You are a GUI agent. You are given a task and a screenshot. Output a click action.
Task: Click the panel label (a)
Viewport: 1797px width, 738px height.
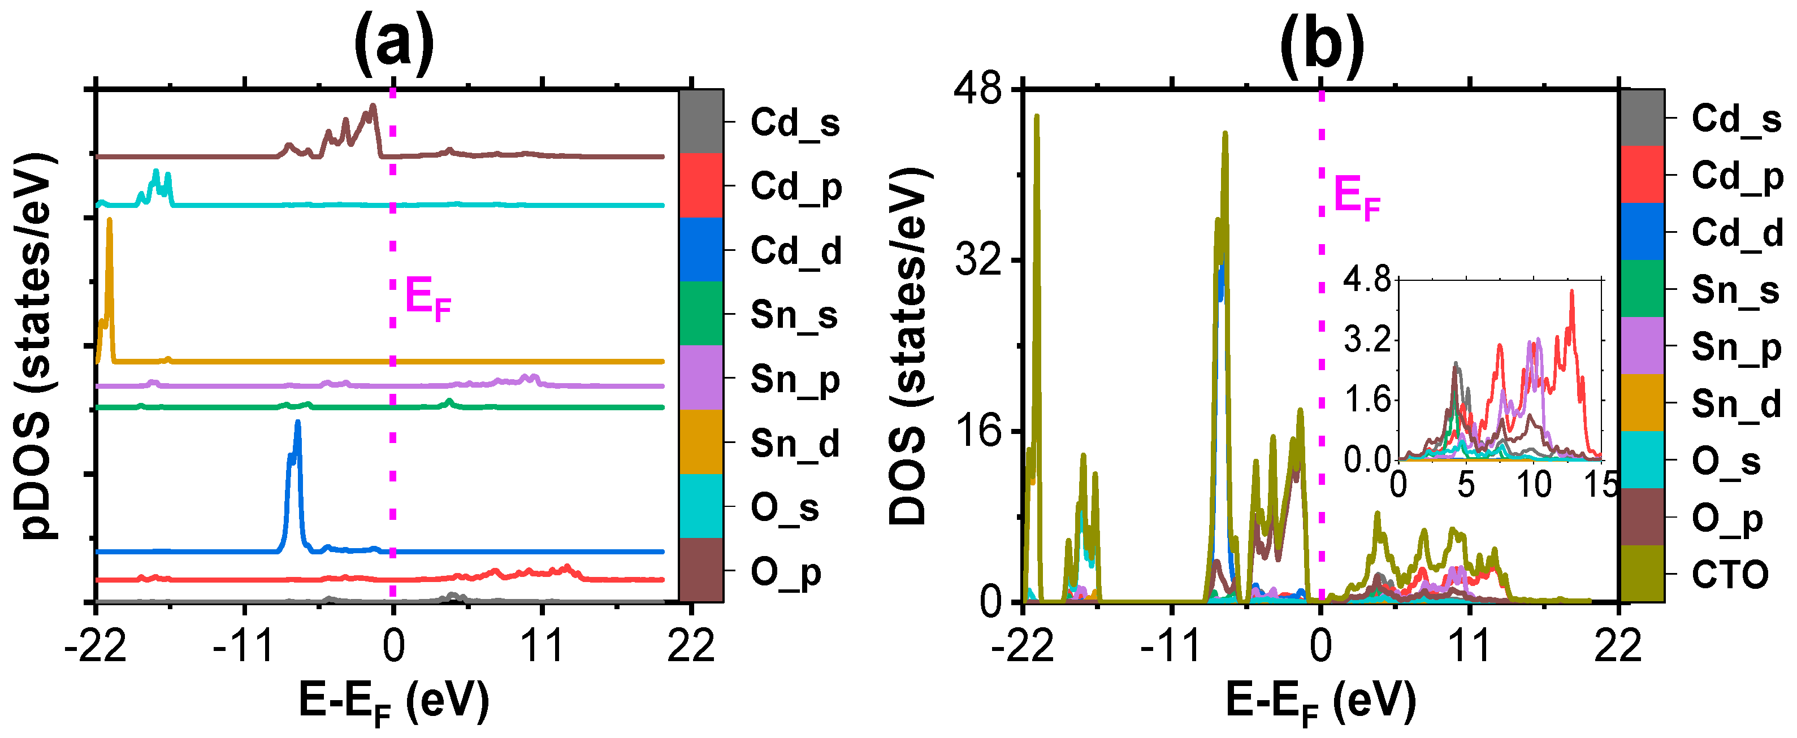coord(393,44)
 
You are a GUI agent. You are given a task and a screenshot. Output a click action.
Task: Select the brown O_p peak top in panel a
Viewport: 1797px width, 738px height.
coord(373,107)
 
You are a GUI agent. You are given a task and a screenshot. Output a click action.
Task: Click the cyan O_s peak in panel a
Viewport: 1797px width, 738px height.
coord(155,172)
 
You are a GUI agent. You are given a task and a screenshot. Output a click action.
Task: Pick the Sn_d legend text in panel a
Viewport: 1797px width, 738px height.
coord(795,444)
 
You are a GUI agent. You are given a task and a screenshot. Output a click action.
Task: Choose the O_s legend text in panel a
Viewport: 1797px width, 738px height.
coord(784,508)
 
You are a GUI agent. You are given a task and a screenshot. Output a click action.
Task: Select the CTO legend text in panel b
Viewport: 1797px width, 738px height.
coord(1729,575)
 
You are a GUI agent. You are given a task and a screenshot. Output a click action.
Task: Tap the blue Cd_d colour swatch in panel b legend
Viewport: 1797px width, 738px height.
coord(1642,232)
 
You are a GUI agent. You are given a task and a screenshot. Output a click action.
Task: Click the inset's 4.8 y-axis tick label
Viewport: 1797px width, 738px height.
coord(1367,280)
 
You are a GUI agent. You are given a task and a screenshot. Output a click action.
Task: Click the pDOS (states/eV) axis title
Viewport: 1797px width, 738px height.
coord(35,345)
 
